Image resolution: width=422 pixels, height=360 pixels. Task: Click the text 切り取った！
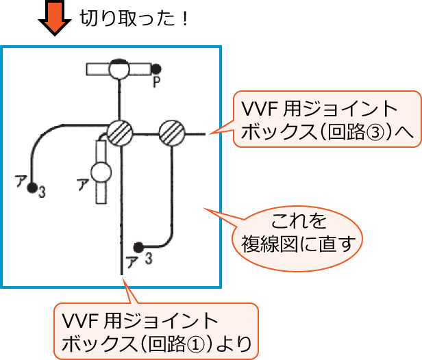pyautogui.click(x=134, y=18)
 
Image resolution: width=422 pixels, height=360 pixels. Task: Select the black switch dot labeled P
pyautogui.click(x=156, y=68)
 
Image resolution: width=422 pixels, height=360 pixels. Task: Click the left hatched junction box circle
pyautogui.click(x=119, y=132)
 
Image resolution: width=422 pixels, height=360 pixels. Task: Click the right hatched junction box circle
pyautogui.click(x=171, y=132)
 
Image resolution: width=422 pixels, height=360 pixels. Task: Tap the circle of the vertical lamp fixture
pyautogui.click(x=101, y=172)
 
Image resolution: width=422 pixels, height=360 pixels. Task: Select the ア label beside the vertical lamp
pyautogui.click(x=82, y=183)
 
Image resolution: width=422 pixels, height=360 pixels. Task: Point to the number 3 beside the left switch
pyautogui.click(x=42, y=192)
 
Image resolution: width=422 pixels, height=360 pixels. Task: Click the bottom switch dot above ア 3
pyautogui.click(x=138, y=246)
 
